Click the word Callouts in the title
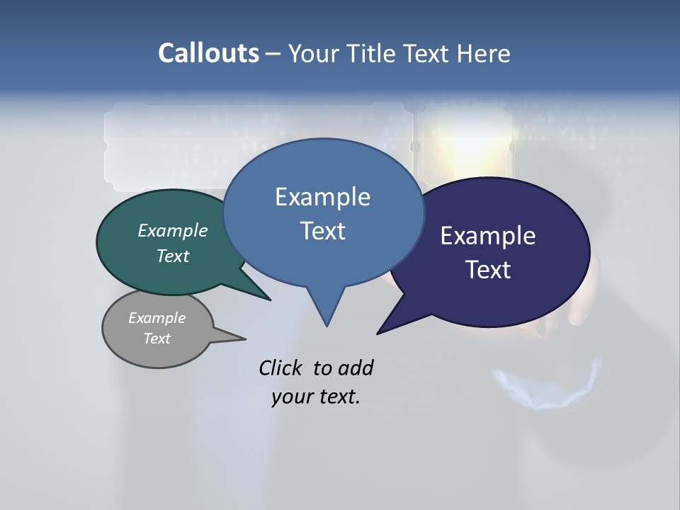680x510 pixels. coord(209,53)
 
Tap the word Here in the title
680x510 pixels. coord(484,53)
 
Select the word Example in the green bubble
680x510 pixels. coord(173,230)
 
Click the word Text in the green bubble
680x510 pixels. coord(173,256)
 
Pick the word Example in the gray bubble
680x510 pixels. coord(157,318)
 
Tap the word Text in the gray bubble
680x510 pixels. coord(157,339)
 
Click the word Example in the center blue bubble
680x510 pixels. coord(322,197)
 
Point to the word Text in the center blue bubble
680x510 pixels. coord(322,231)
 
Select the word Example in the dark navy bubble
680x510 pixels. coord(488,236)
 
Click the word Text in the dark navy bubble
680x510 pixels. coord(488,270)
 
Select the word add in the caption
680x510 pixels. coord(356,368)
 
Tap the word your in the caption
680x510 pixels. coord(290,397)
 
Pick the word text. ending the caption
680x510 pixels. coord(337,397)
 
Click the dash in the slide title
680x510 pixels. coord(273,54)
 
